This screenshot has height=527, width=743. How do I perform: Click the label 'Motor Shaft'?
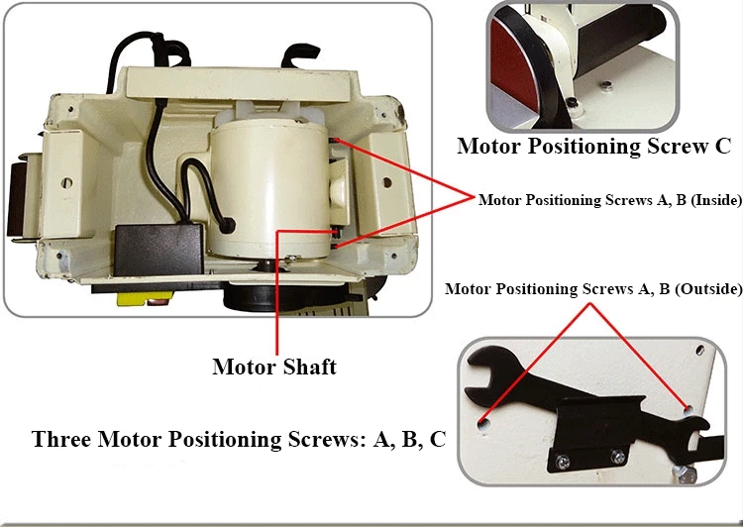click(274, 367)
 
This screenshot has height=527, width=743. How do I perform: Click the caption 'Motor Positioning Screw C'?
click(593, 147)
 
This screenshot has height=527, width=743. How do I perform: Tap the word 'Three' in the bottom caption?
click(64, 439)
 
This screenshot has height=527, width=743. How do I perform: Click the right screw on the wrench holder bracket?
click(618, 457)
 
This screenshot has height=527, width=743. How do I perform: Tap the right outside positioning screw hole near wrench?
click(687, 407)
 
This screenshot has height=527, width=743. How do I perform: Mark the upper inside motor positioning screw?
click(338, 143)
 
